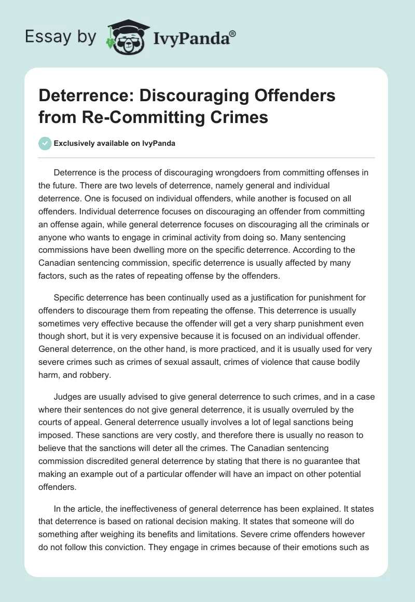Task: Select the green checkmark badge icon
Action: (45, 143)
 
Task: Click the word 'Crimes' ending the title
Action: (242, 117)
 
